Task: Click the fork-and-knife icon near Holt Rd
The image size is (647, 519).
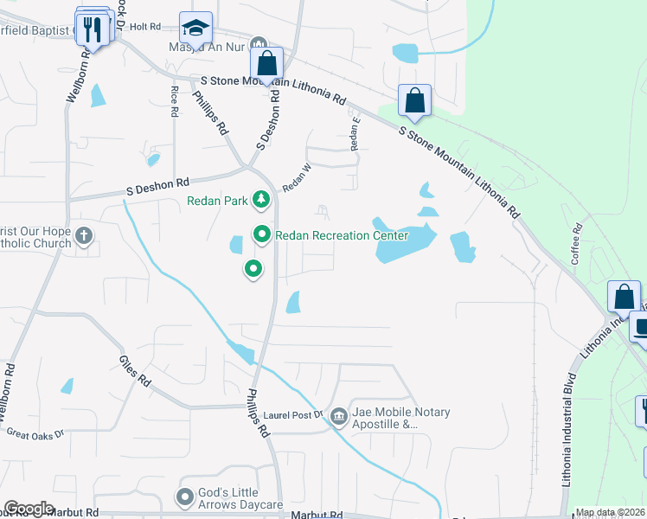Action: [x=94, y=30]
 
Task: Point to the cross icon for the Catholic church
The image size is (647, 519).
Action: [x=84, y=235]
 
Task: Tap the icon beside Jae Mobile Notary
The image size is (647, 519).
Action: [x=338, y=418]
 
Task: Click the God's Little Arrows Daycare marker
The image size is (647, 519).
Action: [x=184, y=497]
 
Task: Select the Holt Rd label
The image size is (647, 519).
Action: [x=146, y=27]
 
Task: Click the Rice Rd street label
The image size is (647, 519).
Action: [x=175, y=101]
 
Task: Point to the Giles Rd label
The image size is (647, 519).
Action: [x=135, y=370]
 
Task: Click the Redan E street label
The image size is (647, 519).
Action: [x=355, y=134]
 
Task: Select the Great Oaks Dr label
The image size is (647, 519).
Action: [x=35, y=433]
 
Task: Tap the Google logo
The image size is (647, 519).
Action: [x=29, y=509]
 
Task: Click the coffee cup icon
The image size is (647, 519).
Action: [x=641, y=328]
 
